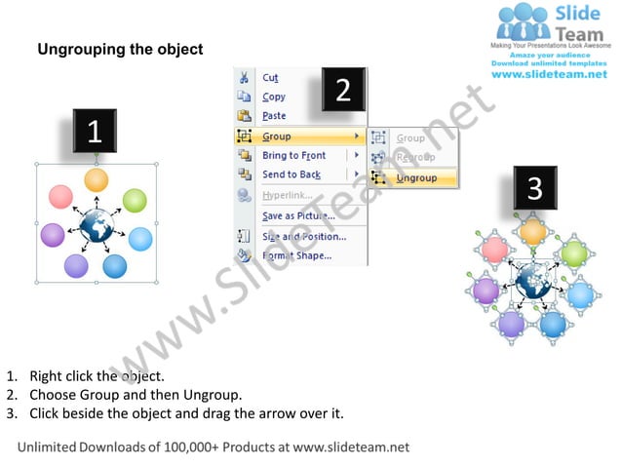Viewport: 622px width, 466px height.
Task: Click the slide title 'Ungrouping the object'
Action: pos(120,49)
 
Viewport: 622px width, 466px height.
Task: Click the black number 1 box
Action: pos(95,133)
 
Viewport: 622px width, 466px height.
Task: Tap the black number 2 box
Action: pos(342,91)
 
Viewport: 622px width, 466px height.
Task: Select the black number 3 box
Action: pos(534,189)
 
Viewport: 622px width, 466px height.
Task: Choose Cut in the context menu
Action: pos(270,78)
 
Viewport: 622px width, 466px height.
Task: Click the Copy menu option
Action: pos(274,97)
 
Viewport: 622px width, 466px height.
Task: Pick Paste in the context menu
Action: pos(274,116)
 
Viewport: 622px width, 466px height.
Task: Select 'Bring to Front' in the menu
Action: pos(293,156)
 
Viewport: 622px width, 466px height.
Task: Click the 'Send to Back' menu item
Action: pos(291,175)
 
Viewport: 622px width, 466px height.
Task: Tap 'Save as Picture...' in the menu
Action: pos(297,215)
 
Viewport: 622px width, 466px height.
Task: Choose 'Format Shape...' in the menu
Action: pos(296,256)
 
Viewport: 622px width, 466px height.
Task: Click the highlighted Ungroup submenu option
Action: pos(416,178)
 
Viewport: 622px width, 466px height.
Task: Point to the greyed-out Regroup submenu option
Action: pos(415,157)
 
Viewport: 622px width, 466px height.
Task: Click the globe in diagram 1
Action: pos(97,226)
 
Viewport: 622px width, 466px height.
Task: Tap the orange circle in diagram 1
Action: pos(96,179)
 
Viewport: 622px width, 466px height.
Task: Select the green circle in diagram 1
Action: pos(135,202)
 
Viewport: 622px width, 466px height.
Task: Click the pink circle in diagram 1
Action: pos(60,196)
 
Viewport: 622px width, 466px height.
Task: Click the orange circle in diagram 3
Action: pos(532,232)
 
